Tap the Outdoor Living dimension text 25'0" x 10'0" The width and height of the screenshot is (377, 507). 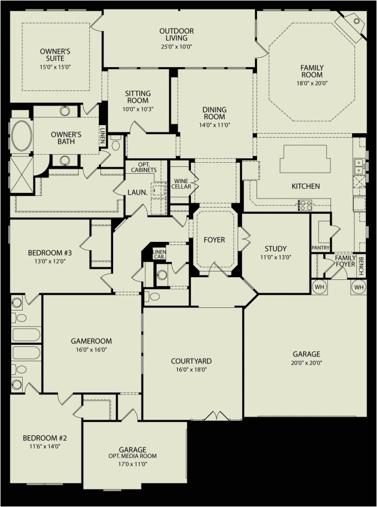point(176,46)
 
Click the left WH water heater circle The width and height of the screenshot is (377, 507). point(319,287)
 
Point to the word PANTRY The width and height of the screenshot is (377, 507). point(321,248)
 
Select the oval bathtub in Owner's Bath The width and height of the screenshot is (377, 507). point(21,137)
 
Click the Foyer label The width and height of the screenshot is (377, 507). point(214,240)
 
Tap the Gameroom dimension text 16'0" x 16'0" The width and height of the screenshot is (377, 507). point(91,350)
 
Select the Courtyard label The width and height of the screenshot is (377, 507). point(191,361)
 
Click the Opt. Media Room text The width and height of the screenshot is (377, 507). point(133,456)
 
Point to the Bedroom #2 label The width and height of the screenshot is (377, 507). point(44,438)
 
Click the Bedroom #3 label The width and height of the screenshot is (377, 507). point(50,253)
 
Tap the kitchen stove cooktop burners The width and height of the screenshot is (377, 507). point(305,204)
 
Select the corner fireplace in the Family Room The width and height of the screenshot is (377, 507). point(352,24)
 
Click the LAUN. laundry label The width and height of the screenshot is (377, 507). point(137,193)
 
